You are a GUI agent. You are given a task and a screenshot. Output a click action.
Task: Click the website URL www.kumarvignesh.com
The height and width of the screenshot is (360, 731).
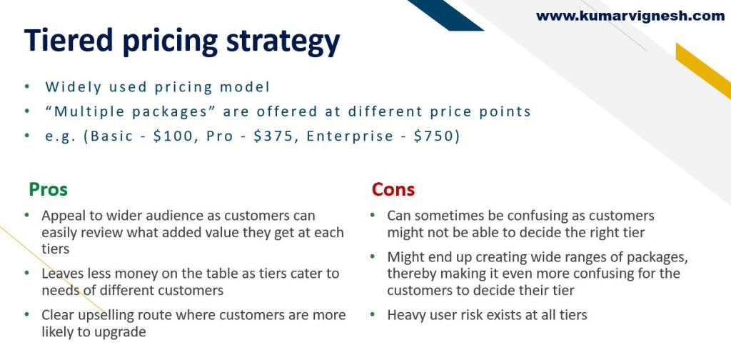[x=630, y=16]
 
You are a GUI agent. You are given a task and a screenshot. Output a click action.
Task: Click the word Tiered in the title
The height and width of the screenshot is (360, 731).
[x=69, y=40]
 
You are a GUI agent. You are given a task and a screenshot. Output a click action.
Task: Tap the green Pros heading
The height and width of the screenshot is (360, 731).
[x=48, y=189]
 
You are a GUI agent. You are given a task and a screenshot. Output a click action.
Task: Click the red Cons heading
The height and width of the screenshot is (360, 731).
[x=393, y=189]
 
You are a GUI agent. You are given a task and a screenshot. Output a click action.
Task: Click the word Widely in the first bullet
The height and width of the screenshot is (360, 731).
[x=73, y=87]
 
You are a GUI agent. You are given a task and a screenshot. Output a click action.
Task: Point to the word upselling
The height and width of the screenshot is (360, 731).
[x=109, y=316]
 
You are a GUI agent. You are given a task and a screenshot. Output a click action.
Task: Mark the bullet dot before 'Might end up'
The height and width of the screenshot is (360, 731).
[x=373, y=257]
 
